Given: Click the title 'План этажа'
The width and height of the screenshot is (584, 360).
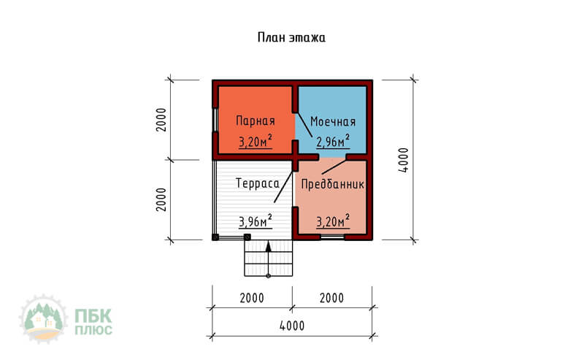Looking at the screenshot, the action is point(291,38).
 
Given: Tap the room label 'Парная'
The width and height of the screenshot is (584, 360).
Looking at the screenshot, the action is point(255,120).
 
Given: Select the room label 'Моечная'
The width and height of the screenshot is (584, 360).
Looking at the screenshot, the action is point(333,121).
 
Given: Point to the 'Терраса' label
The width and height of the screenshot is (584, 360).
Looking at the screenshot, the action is point(258,183).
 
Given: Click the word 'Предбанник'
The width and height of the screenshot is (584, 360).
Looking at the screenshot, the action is point(333,184).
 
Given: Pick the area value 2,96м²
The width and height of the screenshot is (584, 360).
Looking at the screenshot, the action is point(333,141).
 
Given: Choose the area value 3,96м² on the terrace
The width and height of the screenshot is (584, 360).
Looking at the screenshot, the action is point(255,221).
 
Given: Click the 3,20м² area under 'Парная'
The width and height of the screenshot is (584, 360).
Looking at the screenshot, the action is point(255,142).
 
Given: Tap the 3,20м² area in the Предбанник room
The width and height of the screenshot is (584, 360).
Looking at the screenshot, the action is point(333,221).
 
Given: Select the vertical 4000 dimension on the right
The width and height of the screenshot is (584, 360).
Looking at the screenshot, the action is point(404,160).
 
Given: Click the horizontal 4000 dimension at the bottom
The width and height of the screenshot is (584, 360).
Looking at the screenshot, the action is point(292,326).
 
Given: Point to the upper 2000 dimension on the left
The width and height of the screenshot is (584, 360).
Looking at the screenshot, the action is point(161,120).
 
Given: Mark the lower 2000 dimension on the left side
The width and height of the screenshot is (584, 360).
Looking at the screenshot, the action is point(161,200).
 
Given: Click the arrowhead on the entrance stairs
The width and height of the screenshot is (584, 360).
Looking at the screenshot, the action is point(268,246).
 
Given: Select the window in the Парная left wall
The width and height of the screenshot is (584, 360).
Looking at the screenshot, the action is point(215,120).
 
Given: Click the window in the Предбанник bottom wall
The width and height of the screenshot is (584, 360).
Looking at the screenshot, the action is point(333,237).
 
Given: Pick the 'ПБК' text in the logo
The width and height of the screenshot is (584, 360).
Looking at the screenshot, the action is point(93,317).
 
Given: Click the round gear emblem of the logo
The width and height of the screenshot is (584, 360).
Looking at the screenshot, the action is point(43,319).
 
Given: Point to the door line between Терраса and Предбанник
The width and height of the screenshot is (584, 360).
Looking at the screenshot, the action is point(283,187).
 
